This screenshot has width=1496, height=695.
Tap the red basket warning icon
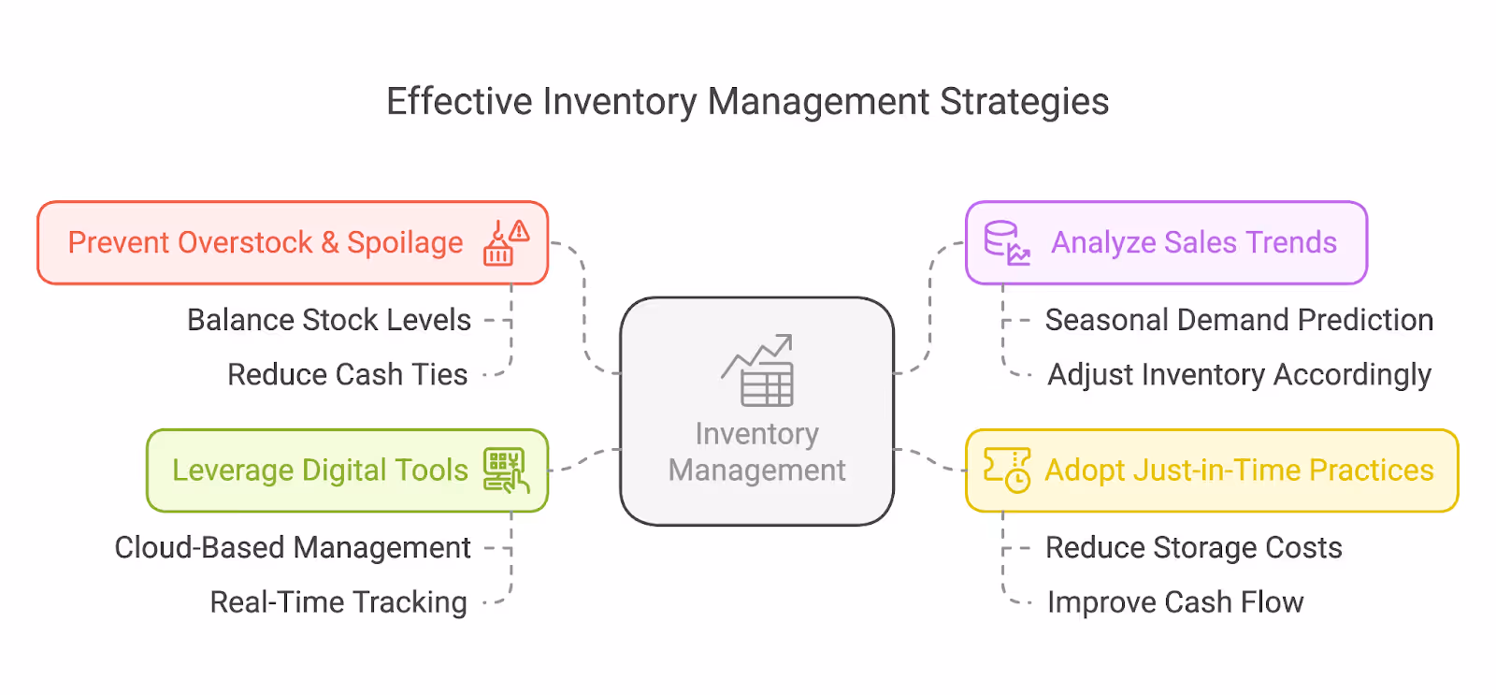[505, 243]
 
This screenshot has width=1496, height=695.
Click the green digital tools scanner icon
[506, 470]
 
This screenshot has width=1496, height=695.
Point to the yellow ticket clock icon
[1007, 470]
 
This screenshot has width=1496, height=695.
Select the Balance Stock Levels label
[329, 320]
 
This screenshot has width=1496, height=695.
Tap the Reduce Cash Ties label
[347, 374]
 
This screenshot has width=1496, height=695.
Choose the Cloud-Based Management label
[293, 547]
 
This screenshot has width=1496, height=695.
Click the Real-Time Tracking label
[338, 602]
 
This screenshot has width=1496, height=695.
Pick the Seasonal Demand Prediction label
[1239, 320]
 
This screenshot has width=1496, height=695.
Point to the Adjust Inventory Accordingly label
[1239, 374]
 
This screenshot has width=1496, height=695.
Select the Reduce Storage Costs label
[1193, 547]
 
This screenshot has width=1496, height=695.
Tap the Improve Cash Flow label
[1175, 602]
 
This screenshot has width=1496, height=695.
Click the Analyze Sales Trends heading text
[1194, 242]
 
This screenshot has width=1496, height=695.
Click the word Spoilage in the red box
[405, 243]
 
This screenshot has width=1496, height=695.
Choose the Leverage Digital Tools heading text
[320, 470]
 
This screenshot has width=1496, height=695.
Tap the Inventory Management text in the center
[757, 452]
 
